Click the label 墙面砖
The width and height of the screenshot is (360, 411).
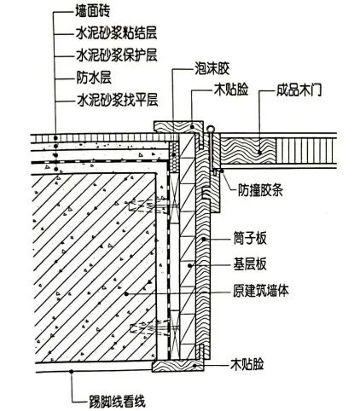[x=92, y=12]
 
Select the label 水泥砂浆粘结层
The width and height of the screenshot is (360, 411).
[x=117, y=33]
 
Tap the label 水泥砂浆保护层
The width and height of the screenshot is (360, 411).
[x=117, y=55]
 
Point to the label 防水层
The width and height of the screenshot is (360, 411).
[x=94, y=78]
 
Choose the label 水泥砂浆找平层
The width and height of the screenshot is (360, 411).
[x=117, y=101]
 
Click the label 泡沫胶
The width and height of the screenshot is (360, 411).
[x=212, y=68]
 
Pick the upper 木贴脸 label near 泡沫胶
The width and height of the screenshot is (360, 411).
[x=231, y=90]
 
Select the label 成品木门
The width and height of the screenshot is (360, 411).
[x=299, y=90]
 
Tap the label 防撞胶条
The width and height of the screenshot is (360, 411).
[x=260, y=190]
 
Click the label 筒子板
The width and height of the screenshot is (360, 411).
[x=250, y=239]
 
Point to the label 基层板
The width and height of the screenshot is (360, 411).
[x=250, y=264]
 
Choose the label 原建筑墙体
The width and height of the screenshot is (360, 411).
[x=261, y=291]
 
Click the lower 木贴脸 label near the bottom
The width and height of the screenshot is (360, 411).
[x=247, y=364]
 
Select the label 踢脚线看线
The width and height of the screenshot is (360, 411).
[x=117, y=402]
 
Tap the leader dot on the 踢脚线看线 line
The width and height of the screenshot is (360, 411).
[x=72, y=371]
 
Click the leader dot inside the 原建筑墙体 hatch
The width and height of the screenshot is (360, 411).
[x=126, y=293]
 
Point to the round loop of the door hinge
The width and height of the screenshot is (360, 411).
[x=211, y=130]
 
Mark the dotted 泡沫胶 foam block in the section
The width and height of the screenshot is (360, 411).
[x=173, y=156]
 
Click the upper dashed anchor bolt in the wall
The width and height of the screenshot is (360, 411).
[x=148, y=205]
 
